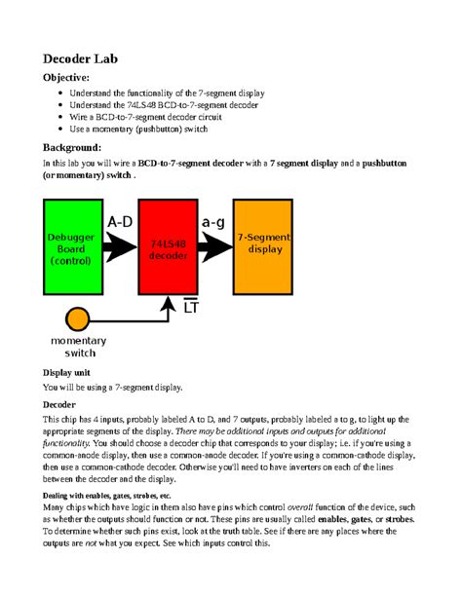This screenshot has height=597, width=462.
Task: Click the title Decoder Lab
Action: (81, 58)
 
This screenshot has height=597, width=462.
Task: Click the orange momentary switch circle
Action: (77, 318)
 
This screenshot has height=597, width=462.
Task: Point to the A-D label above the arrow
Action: (120, 222)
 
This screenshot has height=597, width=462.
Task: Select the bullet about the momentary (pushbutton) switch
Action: (140, 129)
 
